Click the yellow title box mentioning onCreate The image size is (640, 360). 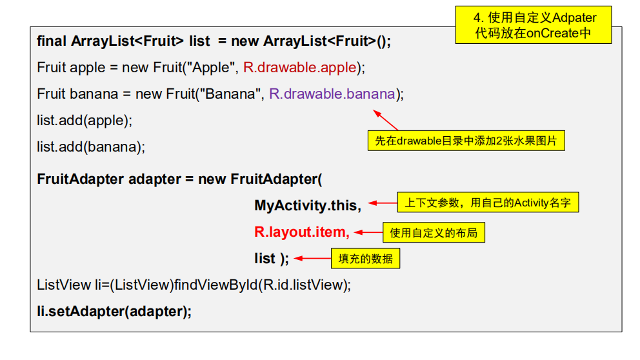[x=533, y=25]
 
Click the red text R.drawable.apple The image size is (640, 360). [x=300, y=67]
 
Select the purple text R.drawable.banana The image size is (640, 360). [x=332, y=94]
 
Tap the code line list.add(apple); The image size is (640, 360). [x=85, y=120]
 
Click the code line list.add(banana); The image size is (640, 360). [x=91, y=146]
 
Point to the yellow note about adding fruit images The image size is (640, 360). [x=465, y=140]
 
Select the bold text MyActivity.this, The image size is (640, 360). [x=308, y=205]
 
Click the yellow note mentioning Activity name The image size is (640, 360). [x=488, y=203]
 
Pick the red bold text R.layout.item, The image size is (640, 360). [x=302, y=232]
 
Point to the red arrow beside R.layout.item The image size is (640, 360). [x=368, y=232]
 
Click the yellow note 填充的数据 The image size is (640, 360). [x=365, y=259]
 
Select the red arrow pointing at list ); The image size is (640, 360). [x=312, y=259]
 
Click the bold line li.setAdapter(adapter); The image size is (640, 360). [x=115, y=311]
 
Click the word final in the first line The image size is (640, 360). [x=52, y=41]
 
